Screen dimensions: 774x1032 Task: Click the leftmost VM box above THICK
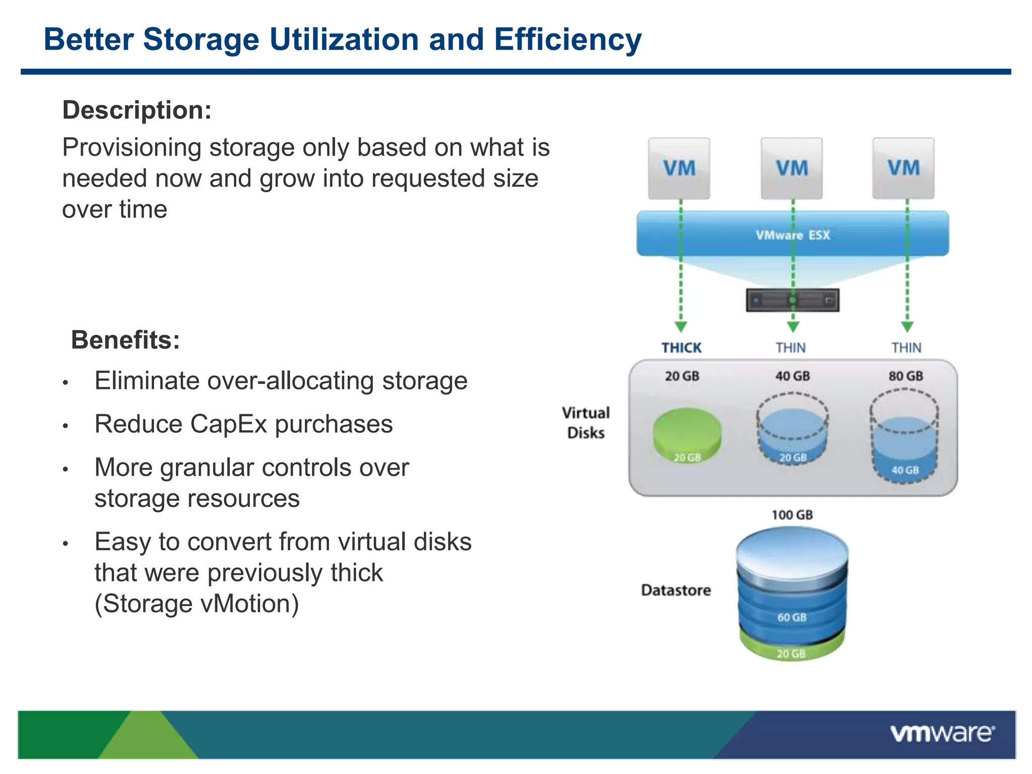click(679, 168)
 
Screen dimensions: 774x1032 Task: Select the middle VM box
click(792, 168)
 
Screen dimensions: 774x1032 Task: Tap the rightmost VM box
click(904, 168)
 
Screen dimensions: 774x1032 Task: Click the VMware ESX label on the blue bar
click(793, 235)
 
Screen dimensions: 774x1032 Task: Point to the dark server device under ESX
click(793, 300)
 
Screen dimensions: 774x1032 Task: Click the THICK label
click(681, 348)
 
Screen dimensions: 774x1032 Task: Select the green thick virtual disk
click(687, 433)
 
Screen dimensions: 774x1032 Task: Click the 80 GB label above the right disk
click(906, 376)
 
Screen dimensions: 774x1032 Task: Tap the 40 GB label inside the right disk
click(905, 470)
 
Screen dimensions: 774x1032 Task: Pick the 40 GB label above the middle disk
click(793, 376)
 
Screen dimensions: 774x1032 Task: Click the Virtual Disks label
click(586, 423)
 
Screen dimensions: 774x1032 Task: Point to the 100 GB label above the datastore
click(792, 514)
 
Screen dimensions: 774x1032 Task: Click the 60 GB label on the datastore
click(792, 617)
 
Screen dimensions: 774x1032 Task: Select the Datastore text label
click(676, 590)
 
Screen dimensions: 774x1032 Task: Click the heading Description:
click(137, 110)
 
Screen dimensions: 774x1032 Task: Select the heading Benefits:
click(125, 340)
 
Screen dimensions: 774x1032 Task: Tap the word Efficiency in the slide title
click(567, 39)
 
